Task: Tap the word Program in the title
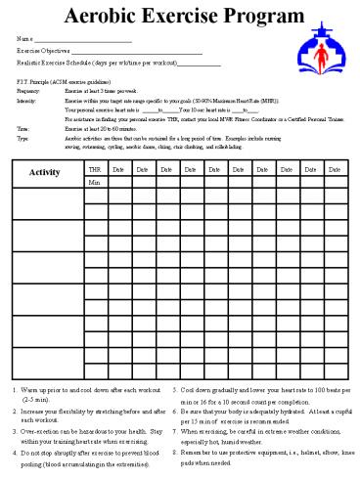(257, 17)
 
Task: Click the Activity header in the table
(46, 174)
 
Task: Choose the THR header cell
(94, 169)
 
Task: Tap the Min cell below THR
(94, 182)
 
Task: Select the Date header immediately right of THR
(117, 169)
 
